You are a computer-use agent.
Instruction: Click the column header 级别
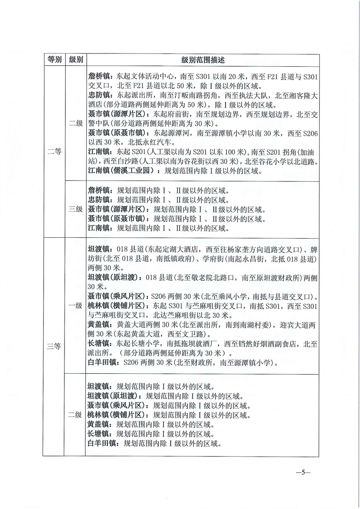click(75, 60)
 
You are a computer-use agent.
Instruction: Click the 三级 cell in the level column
click(75, 209)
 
